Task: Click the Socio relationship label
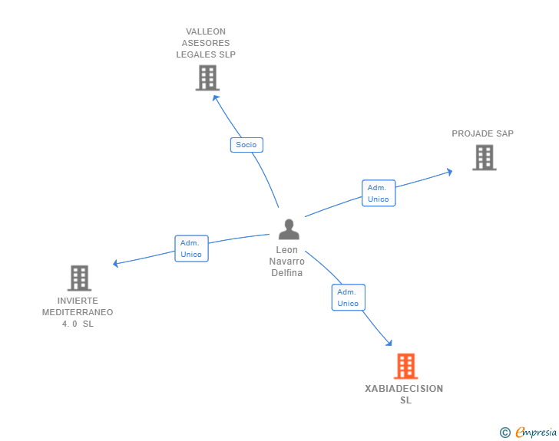(246, 144)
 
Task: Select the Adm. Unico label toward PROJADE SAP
(378, 193)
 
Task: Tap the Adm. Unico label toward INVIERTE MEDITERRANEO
(191, 248)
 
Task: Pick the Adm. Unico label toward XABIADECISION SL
(348, 298)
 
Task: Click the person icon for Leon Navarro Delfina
(289, 229)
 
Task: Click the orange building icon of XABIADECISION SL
(405, 367)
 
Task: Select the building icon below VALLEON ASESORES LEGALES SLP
(207, 77)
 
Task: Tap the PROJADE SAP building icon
(484, 157)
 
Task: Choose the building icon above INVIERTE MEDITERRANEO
(79, 278)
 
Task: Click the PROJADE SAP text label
(482, 133)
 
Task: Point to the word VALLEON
(206, 31)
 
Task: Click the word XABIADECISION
(404, 389)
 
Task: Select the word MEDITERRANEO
(78, 312)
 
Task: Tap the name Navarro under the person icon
(286, 262)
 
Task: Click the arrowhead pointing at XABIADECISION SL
(389, 343)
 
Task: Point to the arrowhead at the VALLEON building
(215, 97)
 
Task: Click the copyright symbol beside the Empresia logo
(504, 433)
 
